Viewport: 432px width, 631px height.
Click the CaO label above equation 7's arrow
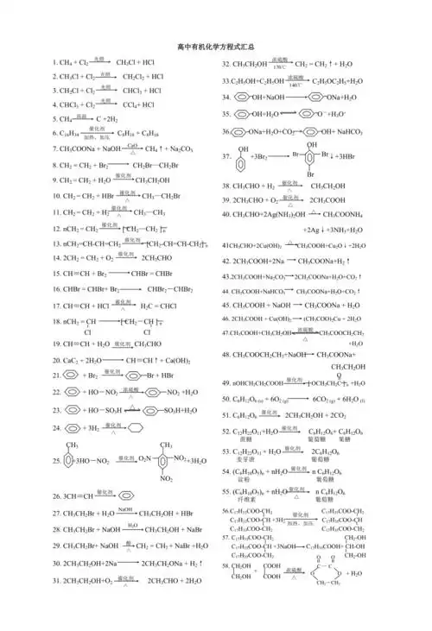(132, 144)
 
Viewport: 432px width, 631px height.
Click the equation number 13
(55, 244)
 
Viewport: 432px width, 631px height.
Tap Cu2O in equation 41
(337, 245)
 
